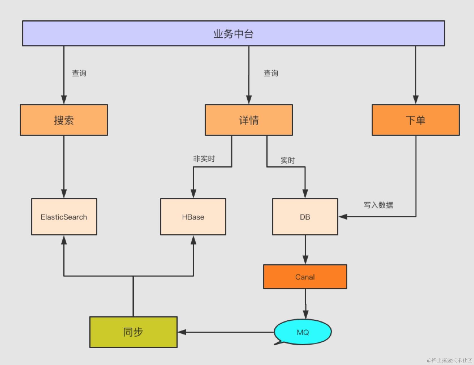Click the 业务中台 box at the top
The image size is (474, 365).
click(x=233, y=33)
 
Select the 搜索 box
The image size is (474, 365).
click(x=64, y=120)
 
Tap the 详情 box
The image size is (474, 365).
click(x=249, y=120)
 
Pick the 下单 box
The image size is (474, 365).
click(x=415, y=120)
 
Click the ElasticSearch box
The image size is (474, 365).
click(x=64, y=217)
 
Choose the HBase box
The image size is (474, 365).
click(x=193, y=217)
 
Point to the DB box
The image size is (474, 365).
click(x=305, y=217)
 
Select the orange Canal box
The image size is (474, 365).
click(x=305, y=277)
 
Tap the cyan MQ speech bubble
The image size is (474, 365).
click(x=303, y=332)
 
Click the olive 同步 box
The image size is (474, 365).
click(x=133, y=332)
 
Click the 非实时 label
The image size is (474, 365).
click(x=204, y=159)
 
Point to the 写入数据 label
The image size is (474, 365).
click(x=378, y=205)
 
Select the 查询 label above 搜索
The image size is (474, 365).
click(x=79, y=73)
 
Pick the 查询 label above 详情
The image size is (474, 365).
click(x=271, y=73)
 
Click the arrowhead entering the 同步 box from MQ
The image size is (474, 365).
click(x=182, y=332)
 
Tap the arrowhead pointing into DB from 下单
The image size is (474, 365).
click(x=343, y=217)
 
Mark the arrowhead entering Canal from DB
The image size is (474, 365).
click(x=305, y=260)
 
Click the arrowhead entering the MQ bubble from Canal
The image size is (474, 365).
click(x=305, y=314)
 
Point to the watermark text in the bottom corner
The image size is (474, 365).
click(x=449, y=360)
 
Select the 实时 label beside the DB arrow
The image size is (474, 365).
click(x=288, y=160)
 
